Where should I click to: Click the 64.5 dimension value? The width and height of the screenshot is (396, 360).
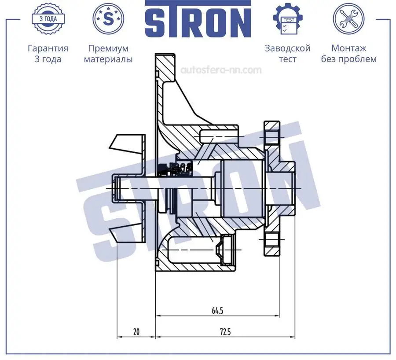click(217, 311)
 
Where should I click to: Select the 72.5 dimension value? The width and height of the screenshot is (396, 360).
click(225, 332)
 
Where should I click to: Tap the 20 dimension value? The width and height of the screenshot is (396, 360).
click(136, 332)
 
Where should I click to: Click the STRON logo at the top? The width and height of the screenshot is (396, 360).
click(198, 21)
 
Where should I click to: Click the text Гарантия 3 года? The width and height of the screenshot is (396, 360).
click(48, 54)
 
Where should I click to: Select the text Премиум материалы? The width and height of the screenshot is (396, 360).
click(108, 54)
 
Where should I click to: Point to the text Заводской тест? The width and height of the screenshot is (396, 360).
click(287, 54)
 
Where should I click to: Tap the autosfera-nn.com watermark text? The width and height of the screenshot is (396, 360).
click(221, 70)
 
